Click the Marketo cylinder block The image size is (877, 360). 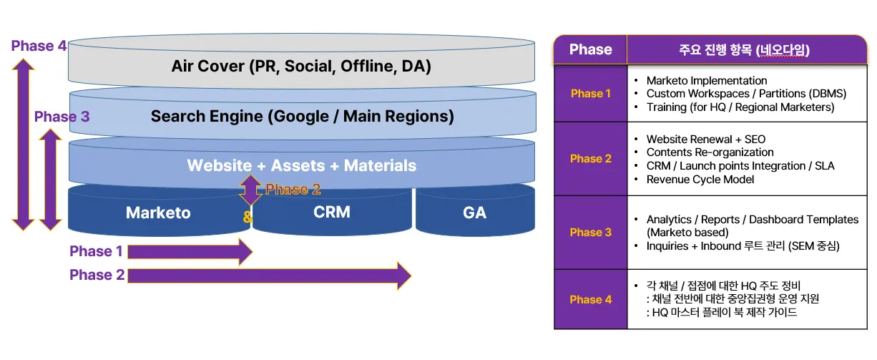(x=158, y=213)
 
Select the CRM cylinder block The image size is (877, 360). (x=331, y=212)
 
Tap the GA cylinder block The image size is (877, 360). (x=474, y=213)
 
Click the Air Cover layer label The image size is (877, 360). (x=300, y=67)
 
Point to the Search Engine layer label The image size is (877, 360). (x=302, y=116)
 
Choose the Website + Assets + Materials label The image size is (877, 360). (x=301, y=165)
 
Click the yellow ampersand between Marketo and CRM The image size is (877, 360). (x=247, y=217)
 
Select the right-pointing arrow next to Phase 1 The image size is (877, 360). (x=190, y=252)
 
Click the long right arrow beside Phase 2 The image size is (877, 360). (x=269, y=276)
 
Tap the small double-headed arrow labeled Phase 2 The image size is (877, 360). (x=250, y=190)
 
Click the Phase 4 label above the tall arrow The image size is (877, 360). (x=39, y=47)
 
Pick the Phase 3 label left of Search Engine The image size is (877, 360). (x=62, y=117)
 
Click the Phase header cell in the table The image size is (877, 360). (x=590, y=50)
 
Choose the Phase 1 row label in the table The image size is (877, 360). (x=591, y=94)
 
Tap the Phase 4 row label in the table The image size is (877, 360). (x=591, y=299)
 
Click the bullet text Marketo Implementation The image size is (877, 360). (x=706, y=81)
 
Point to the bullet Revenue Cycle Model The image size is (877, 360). (x=700, y=179)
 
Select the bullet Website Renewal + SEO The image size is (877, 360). (x=705, y=139)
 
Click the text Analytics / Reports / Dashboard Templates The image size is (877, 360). (x=752, y=220)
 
